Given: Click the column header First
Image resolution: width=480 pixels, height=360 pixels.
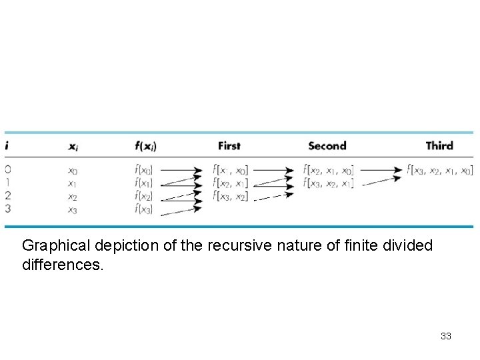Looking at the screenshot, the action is point(229,145).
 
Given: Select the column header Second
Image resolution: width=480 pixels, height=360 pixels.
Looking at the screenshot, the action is point(327,145).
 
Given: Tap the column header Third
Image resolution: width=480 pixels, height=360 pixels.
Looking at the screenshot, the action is point(439,145).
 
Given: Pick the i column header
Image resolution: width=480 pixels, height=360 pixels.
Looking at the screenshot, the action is point(7,145).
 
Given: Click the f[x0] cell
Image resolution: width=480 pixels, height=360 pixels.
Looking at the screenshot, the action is point(144,170).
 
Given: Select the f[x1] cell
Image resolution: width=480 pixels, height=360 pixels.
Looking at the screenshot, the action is point(144,183).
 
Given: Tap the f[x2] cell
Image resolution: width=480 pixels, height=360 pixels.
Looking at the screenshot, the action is point(144,196).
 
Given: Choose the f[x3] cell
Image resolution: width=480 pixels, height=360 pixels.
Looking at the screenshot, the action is point(144,209).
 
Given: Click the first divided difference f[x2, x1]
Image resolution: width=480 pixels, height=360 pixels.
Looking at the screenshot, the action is point(231,183).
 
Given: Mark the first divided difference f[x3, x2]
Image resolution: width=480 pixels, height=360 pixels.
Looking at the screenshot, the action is point(231,196).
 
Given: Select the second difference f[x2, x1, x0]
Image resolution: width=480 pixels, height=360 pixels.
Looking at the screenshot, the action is point(329,170).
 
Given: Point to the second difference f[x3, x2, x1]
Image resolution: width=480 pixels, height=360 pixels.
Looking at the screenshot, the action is point(329,183).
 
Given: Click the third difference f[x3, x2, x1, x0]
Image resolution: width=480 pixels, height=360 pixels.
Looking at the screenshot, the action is point(441,170).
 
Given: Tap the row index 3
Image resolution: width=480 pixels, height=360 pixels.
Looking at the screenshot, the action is point(7,209).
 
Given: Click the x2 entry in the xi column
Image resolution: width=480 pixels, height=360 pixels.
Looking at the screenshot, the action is point(72,197).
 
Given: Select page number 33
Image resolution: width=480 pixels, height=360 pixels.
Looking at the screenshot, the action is point(446,336).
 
